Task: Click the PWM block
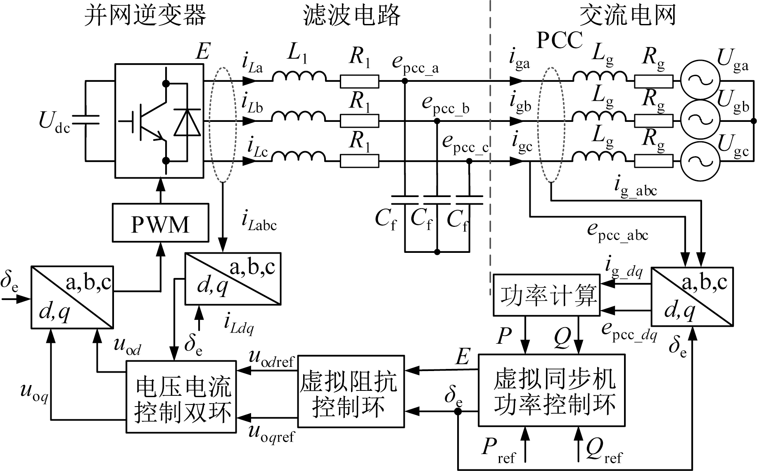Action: click(x=160, y=223)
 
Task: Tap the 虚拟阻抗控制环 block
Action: click(x=351, y=391)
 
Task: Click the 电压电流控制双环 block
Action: click(x=181, y=397)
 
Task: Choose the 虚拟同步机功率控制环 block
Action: click(x=551, y=390)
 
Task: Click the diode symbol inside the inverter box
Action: click(x=187, y=122)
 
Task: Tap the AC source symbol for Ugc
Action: click(x=700, y=161)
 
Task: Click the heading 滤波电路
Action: click(x=352, y=16)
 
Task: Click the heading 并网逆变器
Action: click(x=145, y=16)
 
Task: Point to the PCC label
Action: click(x=560, y=40)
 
